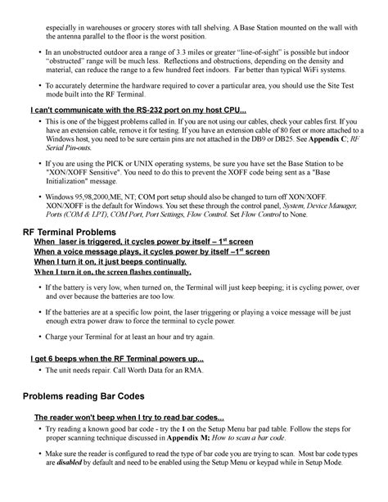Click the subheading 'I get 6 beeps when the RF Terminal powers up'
click(x=116, y=359)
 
